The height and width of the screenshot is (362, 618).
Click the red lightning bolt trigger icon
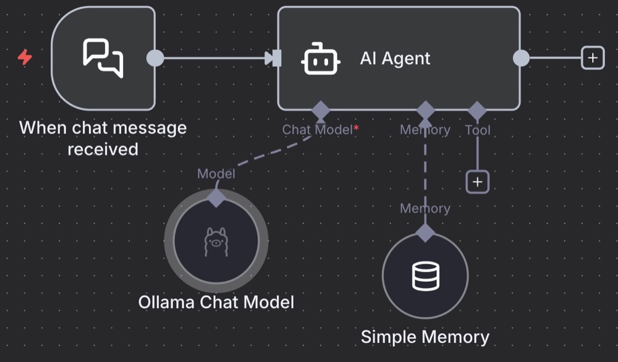tap(25, 57)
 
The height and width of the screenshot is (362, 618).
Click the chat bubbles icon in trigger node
tap(103, 58)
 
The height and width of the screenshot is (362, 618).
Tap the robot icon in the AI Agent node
tap(321, 59)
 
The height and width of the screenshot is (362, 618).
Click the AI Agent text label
tap(395, 59)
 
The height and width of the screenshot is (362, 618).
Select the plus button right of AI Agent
tap(593, 58)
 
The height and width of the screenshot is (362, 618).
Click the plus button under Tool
tap(477, 182)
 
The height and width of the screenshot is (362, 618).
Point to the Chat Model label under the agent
tap(317, 130)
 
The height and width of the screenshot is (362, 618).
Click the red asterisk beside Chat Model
tap(356, 128)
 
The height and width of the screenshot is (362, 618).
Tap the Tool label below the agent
tap(478, 130)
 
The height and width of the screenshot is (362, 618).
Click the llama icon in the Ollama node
tap(216, 242)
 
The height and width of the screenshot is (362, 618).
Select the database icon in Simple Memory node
tap(425, 276)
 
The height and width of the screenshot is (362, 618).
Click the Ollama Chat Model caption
tap(216, 302)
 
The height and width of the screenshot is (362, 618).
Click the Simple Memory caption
tap(425, 337)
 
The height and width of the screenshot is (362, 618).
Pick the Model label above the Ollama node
tap(216, 174)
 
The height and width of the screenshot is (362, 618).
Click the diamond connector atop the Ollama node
tap(216, 198)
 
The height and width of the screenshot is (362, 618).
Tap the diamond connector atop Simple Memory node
tap(425, 233)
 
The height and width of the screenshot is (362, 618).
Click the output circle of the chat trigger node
tap(155, 58)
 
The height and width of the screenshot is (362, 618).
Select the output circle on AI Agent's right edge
tap(522, 58)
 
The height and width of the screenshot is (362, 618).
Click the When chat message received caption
tap(103, 138)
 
